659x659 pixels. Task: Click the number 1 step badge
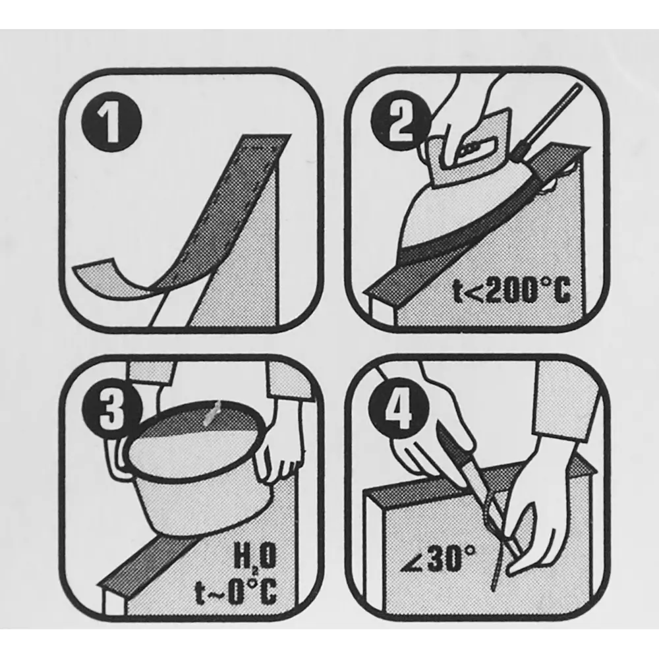[111, 123]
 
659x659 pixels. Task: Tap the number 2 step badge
[400, 123]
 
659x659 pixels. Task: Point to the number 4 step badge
[399, 407]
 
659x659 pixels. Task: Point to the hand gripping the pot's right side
[277, 445]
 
